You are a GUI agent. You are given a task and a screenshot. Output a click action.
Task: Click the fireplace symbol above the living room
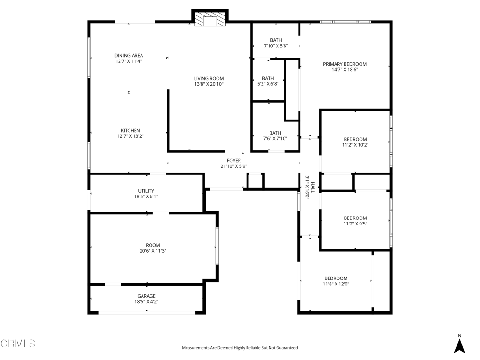click(210, 19)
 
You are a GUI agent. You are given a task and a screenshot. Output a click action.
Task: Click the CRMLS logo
click(18, 343)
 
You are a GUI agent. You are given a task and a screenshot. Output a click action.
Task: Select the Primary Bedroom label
click(345, 64)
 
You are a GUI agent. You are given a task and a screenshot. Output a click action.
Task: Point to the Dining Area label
click(128, 55)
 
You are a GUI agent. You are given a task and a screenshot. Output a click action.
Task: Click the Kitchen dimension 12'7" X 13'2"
click(130, 136)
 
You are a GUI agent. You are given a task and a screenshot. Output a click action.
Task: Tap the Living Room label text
click(209, 78)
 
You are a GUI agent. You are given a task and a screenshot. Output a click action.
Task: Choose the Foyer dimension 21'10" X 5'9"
click(234, 166)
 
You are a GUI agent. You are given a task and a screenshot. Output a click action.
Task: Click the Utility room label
click(146, 191)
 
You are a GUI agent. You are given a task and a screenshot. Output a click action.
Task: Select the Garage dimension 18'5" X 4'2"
click(146, 301)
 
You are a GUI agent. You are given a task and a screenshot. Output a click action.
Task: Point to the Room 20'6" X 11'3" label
click(153, 248)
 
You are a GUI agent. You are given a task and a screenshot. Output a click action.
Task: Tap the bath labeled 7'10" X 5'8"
click(276, 43)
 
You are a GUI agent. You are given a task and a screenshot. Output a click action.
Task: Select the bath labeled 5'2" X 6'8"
click(268, 81)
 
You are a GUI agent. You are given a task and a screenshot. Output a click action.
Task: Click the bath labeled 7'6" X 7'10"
click(275, 135)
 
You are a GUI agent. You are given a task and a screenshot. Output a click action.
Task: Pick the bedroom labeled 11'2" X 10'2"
click(355, 142)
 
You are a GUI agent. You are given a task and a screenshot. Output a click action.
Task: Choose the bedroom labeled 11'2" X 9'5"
click(355, 221)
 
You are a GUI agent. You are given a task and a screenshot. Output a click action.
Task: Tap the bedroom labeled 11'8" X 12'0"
click(336, 281)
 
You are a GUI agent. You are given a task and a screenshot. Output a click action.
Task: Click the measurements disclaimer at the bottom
click(240, 348)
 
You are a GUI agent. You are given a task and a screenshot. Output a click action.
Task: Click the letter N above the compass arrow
click(459, 336)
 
